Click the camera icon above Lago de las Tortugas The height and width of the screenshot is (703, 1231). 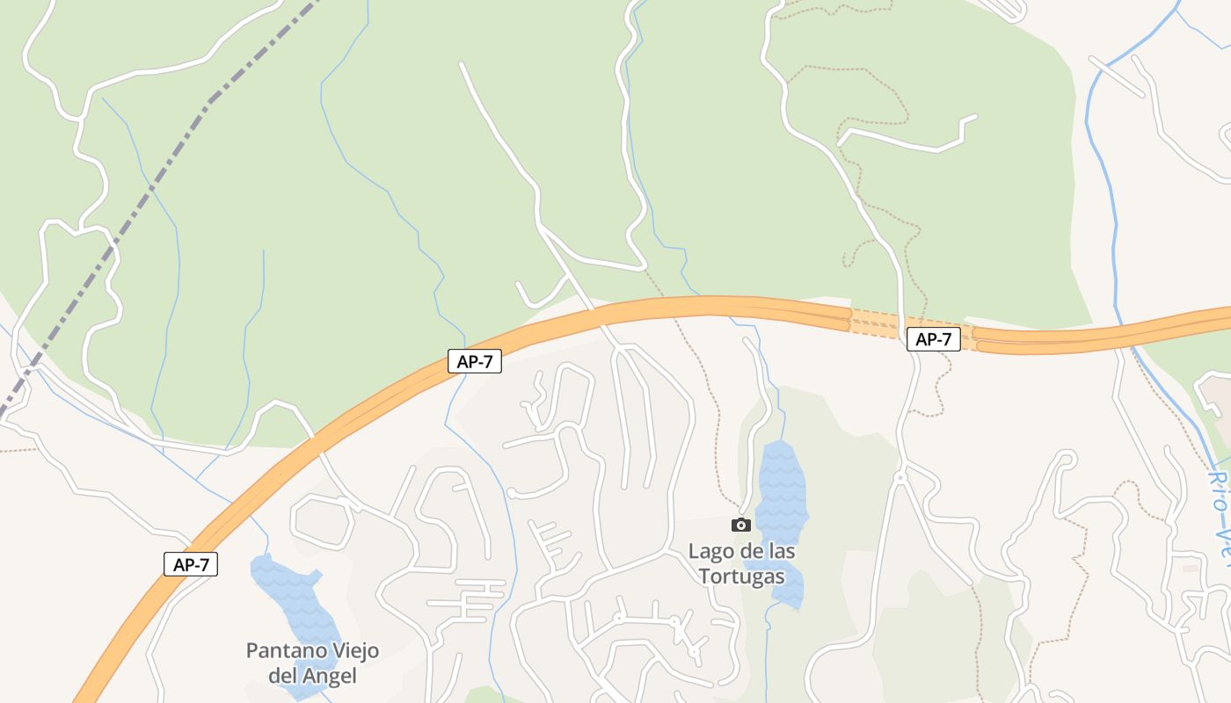click(x=741, y=525)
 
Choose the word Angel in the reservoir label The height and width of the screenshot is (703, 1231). click(x=330, y=676)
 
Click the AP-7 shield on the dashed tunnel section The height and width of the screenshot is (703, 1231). click(x=933, y=339)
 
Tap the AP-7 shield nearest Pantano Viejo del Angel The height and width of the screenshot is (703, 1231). click(x=191, y=564)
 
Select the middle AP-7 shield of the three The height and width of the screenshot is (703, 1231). click(x=475, y=361)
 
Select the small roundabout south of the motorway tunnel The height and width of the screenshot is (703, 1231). click(x=900, y=477)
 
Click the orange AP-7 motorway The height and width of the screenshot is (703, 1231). click(x=615, y=312)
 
